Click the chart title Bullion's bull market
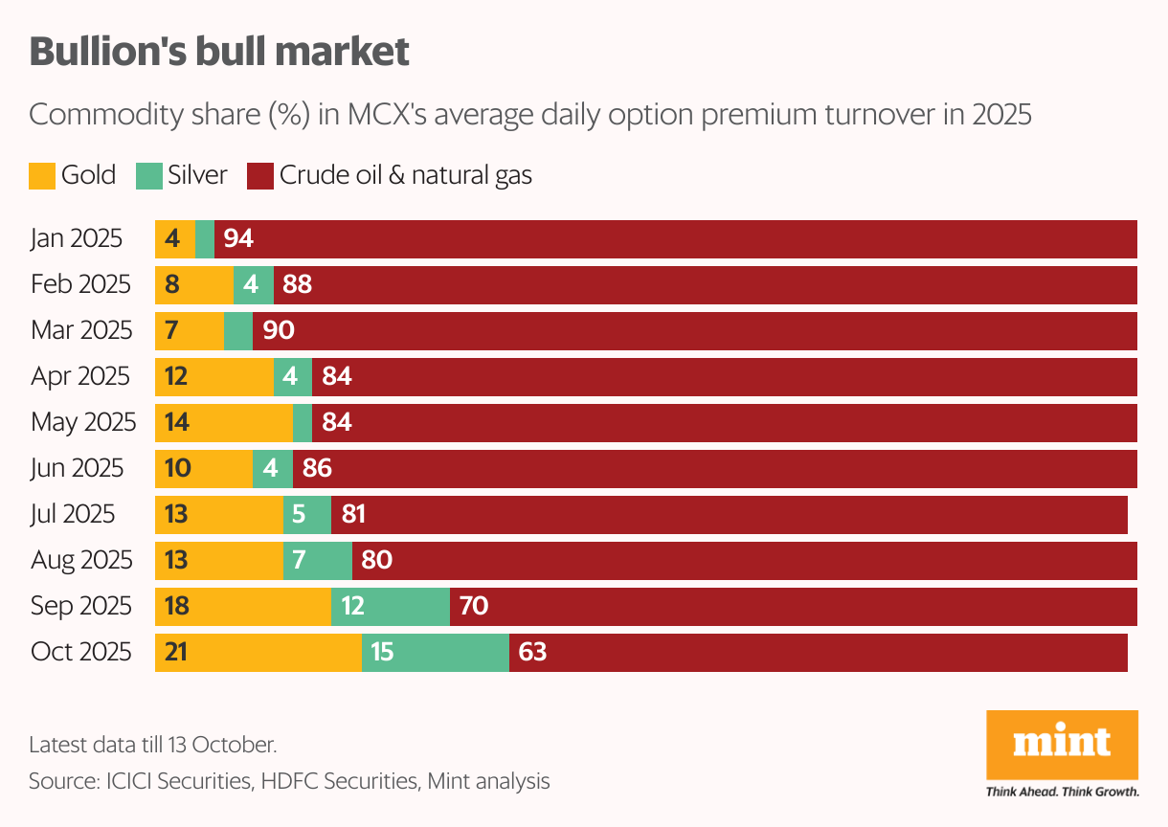tap(219, 52)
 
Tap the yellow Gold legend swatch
tap(42, 176)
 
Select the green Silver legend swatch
tap(148, 176)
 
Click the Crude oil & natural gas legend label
tap(405, 175)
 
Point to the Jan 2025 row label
tap(77, 238)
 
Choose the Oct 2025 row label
tap(80, 652)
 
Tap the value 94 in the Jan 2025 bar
tap(238, 238)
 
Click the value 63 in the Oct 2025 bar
tap(532, 653)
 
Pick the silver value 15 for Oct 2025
tap(383, 653)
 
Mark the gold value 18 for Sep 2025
tap(176, 607)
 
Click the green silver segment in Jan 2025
tap(205, 238)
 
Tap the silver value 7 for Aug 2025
tap(299, 560)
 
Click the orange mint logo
tap(1062, 745)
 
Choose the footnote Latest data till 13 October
tap(153, 744)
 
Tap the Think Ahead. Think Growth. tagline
tap(1062, 792)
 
